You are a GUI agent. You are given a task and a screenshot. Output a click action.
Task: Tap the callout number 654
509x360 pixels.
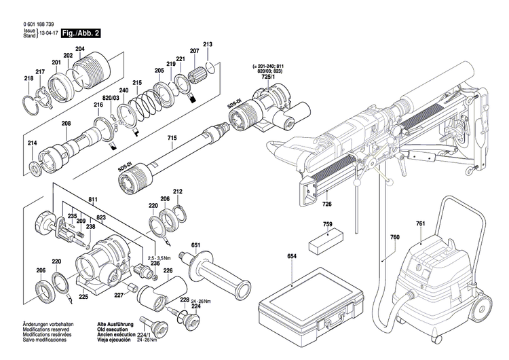click(293, 256)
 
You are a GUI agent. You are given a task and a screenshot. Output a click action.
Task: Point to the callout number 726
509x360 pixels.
click(326, 204)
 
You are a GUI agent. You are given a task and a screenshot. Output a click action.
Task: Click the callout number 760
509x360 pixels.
click(395, 237)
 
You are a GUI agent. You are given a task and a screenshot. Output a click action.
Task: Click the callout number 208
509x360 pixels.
click(66, 123)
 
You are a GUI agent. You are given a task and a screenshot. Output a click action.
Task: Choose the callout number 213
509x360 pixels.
click(208, 45)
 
